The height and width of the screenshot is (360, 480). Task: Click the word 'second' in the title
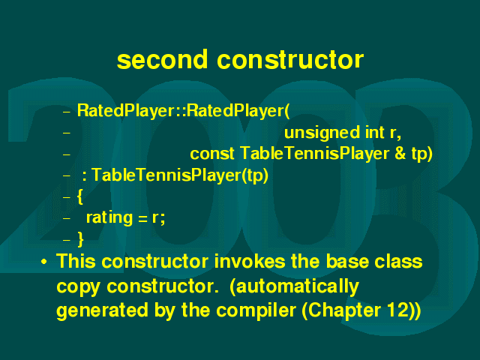click(162, 59)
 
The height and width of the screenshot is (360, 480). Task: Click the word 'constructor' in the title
click(290, 59)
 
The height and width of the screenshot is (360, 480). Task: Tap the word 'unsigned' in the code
click(322, 133)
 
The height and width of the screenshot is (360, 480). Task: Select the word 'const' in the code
click(212, 153)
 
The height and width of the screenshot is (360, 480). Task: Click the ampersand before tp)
click(400, 153)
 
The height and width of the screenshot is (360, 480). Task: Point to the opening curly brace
click(80, 196)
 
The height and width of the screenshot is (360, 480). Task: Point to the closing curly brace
click(80, 239)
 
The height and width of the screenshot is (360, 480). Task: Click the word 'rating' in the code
click(109, 218)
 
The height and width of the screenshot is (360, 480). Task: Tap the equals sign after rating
click(142, 218)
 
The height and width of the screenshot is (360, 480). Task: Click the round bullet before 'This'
click(44, 262)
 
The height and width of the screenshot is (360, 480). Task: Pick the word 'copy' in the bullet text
click(78, 287)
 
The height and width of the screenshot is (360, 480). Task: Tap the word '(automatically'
click(294, 286)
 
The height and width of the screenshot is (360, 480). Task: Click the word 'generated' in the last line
click(103, 311)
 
